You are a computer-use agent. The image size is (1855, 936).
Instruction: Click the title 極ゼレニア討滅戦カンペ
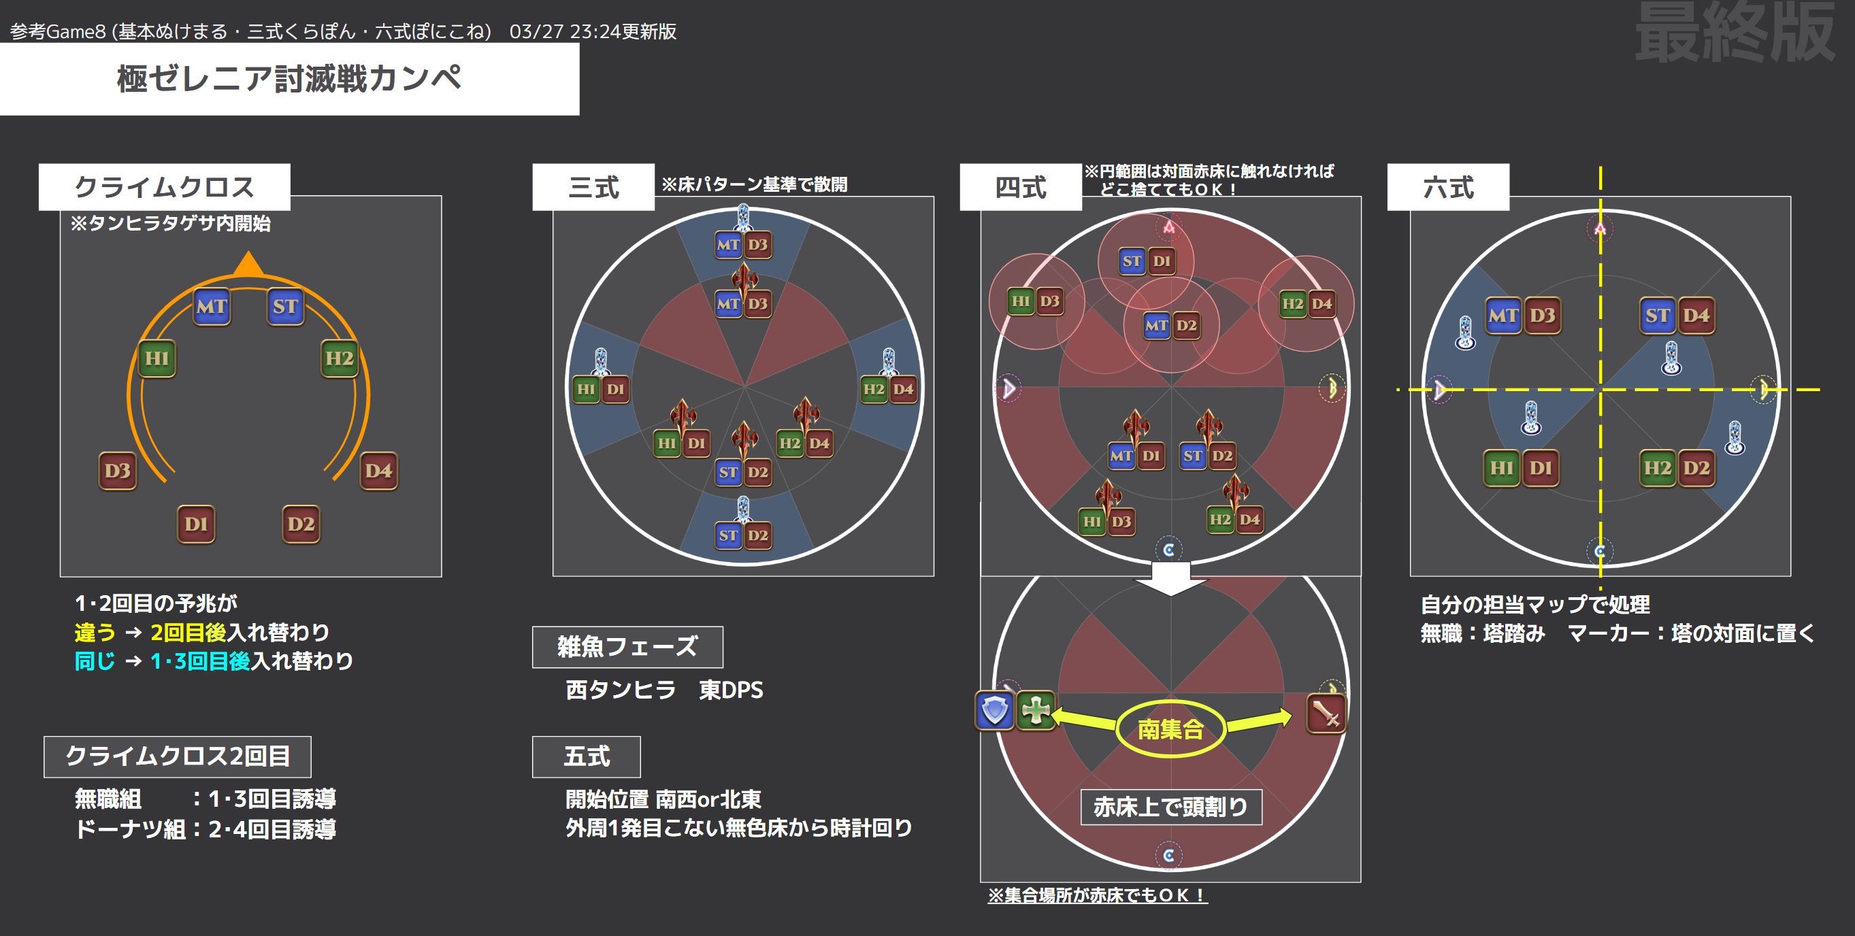[289, 78]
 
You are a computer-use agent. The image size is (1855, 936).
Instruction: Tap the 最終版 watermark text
[1735, 33]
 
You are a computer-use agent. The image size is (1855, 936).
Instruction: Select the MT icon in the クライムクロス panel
[212, 307]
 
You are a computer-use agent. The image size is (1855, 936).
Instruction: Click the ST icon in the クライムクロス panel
[285, 307]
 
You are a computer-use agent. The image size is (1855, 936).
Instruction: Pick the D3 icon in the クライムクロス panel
[117, 471]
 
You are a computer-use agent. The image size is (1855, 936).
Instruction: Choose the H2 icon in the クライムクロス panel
[339, 358]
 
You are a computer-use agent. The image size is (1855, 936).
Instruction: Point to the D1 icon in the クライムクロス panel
[196, 524]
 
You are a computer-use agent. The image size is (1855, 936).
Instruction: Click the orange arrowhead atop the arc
[248, 263]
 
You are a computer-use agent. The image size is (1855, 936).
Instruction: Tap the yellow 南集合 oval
[1170, 729]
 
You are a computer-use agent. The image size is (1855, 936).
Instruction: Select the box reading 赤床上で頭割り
[1171, 806]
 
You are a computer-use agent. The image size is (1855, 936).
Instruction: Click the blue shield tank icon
[995, 711]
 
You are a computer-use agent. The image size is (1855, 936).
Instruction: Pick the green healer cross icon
[1036, 711]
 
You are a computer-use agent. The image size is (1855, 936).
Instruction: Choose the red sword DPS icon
[1326, 714]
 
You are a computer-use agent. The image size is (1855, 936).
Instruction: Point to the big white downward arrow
[1171, 578]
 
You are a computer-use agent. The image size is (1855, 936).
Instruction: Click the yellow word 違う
[95, 632]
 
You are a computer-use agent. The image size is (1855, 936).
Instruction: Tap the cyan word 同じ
[95, 661]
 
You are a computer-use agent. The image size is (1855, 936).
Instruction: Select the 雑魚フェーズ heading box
[627, 646]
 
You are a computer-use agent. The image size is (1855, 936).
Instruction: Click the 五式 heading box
[586, 756]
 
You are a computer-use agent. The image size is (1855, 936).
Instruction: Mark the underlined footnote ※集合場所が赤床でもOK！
[1097, 895]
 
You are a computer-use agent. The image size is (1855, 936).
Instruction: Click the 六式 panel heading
[1448, 187]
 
